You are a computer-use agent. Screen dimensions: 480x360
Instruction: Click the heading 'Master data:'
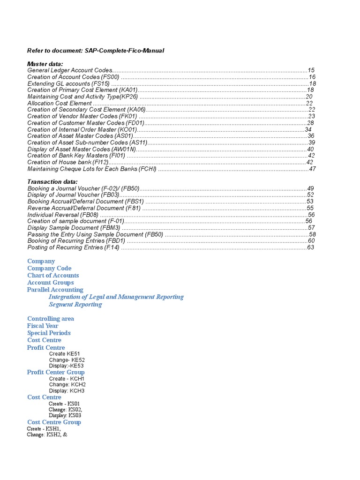tap(45, 64)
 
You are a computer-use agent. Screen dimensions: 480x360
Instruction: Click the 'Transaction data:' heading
tap(52, 182)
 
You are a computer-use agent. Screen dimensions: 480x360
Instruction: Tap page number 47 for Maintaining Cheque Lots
tap(313, 169)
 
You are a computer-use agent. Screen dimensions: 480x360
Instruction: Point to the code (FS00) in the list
tap(111, 77)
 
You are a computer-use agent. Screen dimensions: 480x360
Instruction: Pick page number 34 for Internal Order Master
tap(308, 129)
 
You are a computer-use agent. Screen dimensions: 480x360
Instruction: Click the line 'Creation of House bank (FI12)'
tap(68, 162)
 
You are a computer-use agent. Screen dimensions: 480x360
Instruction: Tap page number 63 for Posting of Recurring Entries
tap(310, 247)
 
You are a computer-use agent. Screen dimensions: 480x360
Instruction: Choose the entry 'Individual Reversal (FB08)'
tap(63, 215)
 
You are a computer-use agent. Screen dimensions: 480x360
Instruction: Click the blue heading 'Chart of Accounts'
tap(53, 276)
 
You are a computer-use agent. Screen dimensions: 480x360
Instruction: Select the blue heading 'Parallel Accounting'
tap(55, 290)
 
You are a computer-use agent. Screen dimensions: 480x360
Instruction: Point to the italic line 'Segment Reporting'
tap(75, 304)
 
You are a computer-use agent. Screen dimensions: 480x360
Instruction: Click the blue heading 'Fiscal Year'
tap(43, 326)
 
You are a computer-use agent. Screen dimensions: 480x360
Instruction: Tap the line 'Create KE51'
tap(67, 354)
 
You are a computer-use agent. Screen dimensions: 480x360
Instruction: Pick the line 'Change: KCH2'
tap(67, 384)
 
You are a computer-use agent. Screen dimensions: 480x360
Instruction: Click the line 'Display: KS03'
tap(65, 415)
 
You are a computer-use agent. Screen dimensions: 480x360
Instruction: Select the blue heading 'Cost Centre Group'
tap(54, 422)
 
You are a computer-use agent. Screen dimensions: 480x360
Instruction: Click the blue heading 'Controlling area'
tap(51, 319)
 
